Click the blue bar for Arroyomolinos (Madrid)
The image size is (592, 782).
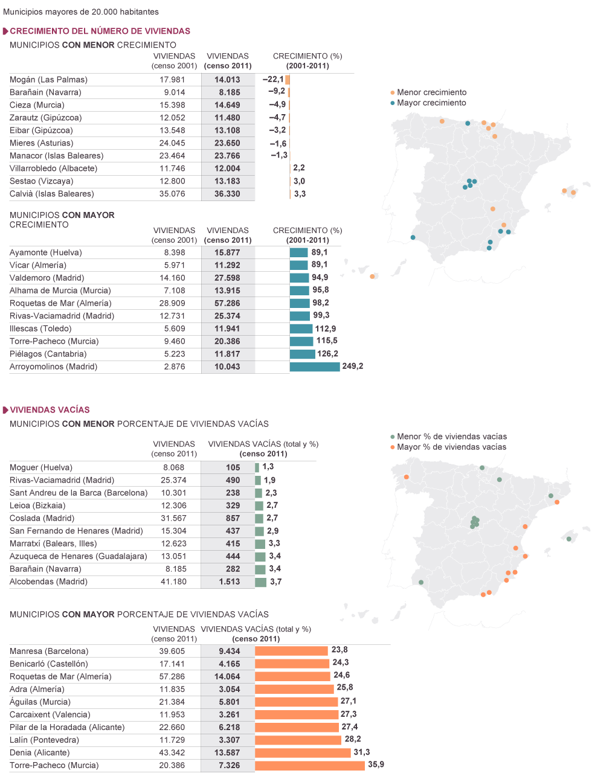tap(314, 367)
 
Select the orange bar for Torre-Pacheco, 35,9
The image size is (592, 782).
tap(309, 765)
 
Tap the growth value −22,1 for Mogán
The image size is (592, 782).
tap(273, 79)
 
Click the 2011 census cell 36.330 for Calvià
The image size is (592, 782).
tap(227, 194)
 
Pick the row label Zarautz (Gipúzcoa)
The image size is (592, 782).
tap(46, 118)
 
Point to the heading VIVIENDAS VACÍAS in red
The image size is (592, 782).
tap(50, 409)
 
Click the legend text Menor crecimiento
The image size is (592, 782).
tap(431, 92)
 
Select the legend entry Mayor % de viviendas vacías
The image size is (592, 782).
tap(452, 447)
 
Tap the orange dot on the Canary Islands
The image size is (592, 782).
tap(372, 277)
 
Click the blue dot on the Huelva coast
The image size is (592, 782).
tap(413, 237)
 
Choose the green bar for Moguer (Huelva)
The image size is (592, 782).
tap(257, 467)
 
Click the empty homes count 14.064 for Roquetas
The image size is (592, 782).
tap(229, 676)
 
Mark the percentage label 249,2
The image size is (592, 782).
tap(353, 366)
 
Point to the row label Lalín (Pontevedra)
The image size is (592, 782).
tap(44, 740)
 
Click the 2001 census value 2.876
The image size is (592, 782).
tap(175, 367)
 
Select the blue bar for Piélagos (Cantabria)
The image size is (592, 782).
tap(302, 354)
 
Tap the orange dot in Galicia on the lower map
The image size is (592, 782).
tap(407, 477)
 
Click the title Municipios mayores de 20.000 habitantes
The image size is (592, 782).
tap(80, 11)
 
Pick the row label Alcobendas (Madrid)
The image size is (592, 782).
tap(48, 582)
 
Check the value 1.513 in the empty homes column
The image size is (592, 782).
tap(229, 582)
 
